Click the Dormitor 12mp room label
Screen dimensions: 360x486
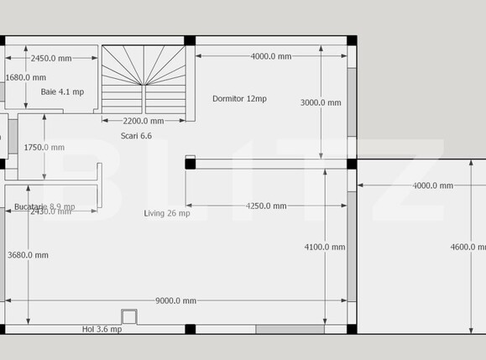239,98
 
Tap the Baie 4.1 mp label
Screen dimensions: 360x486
62,91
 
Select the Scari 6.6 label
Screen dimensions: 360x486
136,135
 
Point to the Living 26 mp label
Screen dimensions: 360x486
167,213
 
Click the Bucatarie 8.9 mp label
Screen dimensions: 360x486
44,206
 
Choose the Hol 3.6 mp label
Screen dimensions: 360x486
102,329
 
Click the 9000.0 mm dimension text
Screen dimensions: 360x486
175,300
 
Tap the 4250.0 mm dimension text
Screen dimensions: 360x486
266,206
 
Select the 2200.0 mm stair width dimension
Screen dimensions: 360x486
143,120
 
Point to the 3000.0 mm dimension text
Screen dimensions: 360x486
321,102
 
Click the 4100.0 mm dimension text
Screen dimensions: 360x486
324,247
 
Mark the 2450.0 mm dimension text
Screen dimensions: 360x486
51,58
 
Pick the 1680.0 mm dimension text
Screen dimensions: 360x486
25,77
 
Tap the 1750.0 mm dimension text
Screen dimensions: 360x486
44,147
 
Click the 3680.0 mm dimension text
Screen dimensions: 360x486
28,254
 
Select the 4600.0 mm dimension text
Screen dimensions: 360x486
468,247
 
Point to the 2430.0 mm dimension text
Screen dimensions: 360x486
50,211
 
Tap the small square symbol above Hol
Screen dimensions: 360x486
128,316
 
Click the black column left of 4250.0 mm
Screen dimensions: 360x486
191,162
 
